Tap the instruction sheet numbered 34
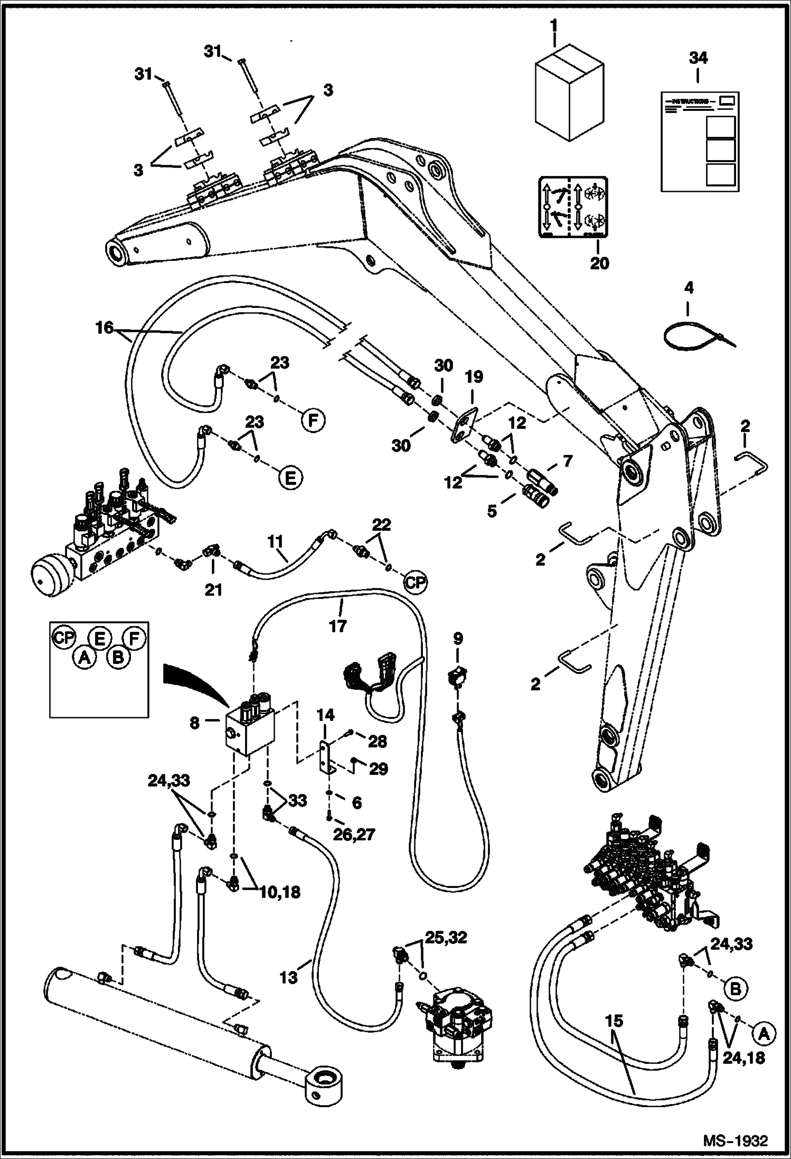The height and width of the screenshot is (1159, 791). (x=700, y=141)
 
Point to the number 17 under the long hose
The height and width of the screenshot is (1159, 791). (x=337, y=625)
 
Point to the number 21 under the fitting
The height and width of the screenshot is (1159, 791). (x=213, y=589)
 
